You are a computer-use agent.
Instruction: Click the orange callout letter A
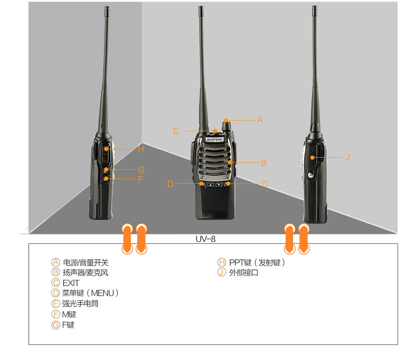point(260,120)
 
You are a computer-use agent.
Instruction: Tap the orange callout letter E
point(176,131)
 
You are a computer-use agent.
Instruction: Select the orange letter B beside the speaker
point(263,163)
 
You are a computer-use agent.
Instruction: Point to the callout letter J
point(347,157)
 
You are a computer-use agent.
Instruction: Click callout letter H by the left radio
point(141,149)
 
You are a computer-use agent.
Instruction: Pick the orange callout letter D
point(170,184)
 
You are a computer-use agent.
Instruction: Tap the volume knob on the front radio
point(227,125)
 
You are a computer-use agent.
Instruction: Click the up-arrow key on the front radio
point(210,184)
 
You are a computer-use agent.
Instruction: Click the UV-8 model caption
point(206,239)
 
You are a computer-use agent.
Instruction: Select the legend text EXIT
point(71,283)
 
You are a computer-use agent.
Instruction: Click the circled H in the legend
point(222,263)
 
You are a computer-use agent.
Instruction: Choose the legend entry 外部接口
point(244,273)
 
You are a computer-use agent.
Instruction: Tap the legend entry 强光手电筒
point(80,304)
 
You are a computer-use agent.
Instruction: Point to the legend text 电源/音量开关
point(85,263)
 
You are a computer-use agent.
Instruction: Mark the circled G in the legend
point(56,325)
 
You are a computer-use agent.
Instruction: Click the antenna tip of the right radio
point(314,8)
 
